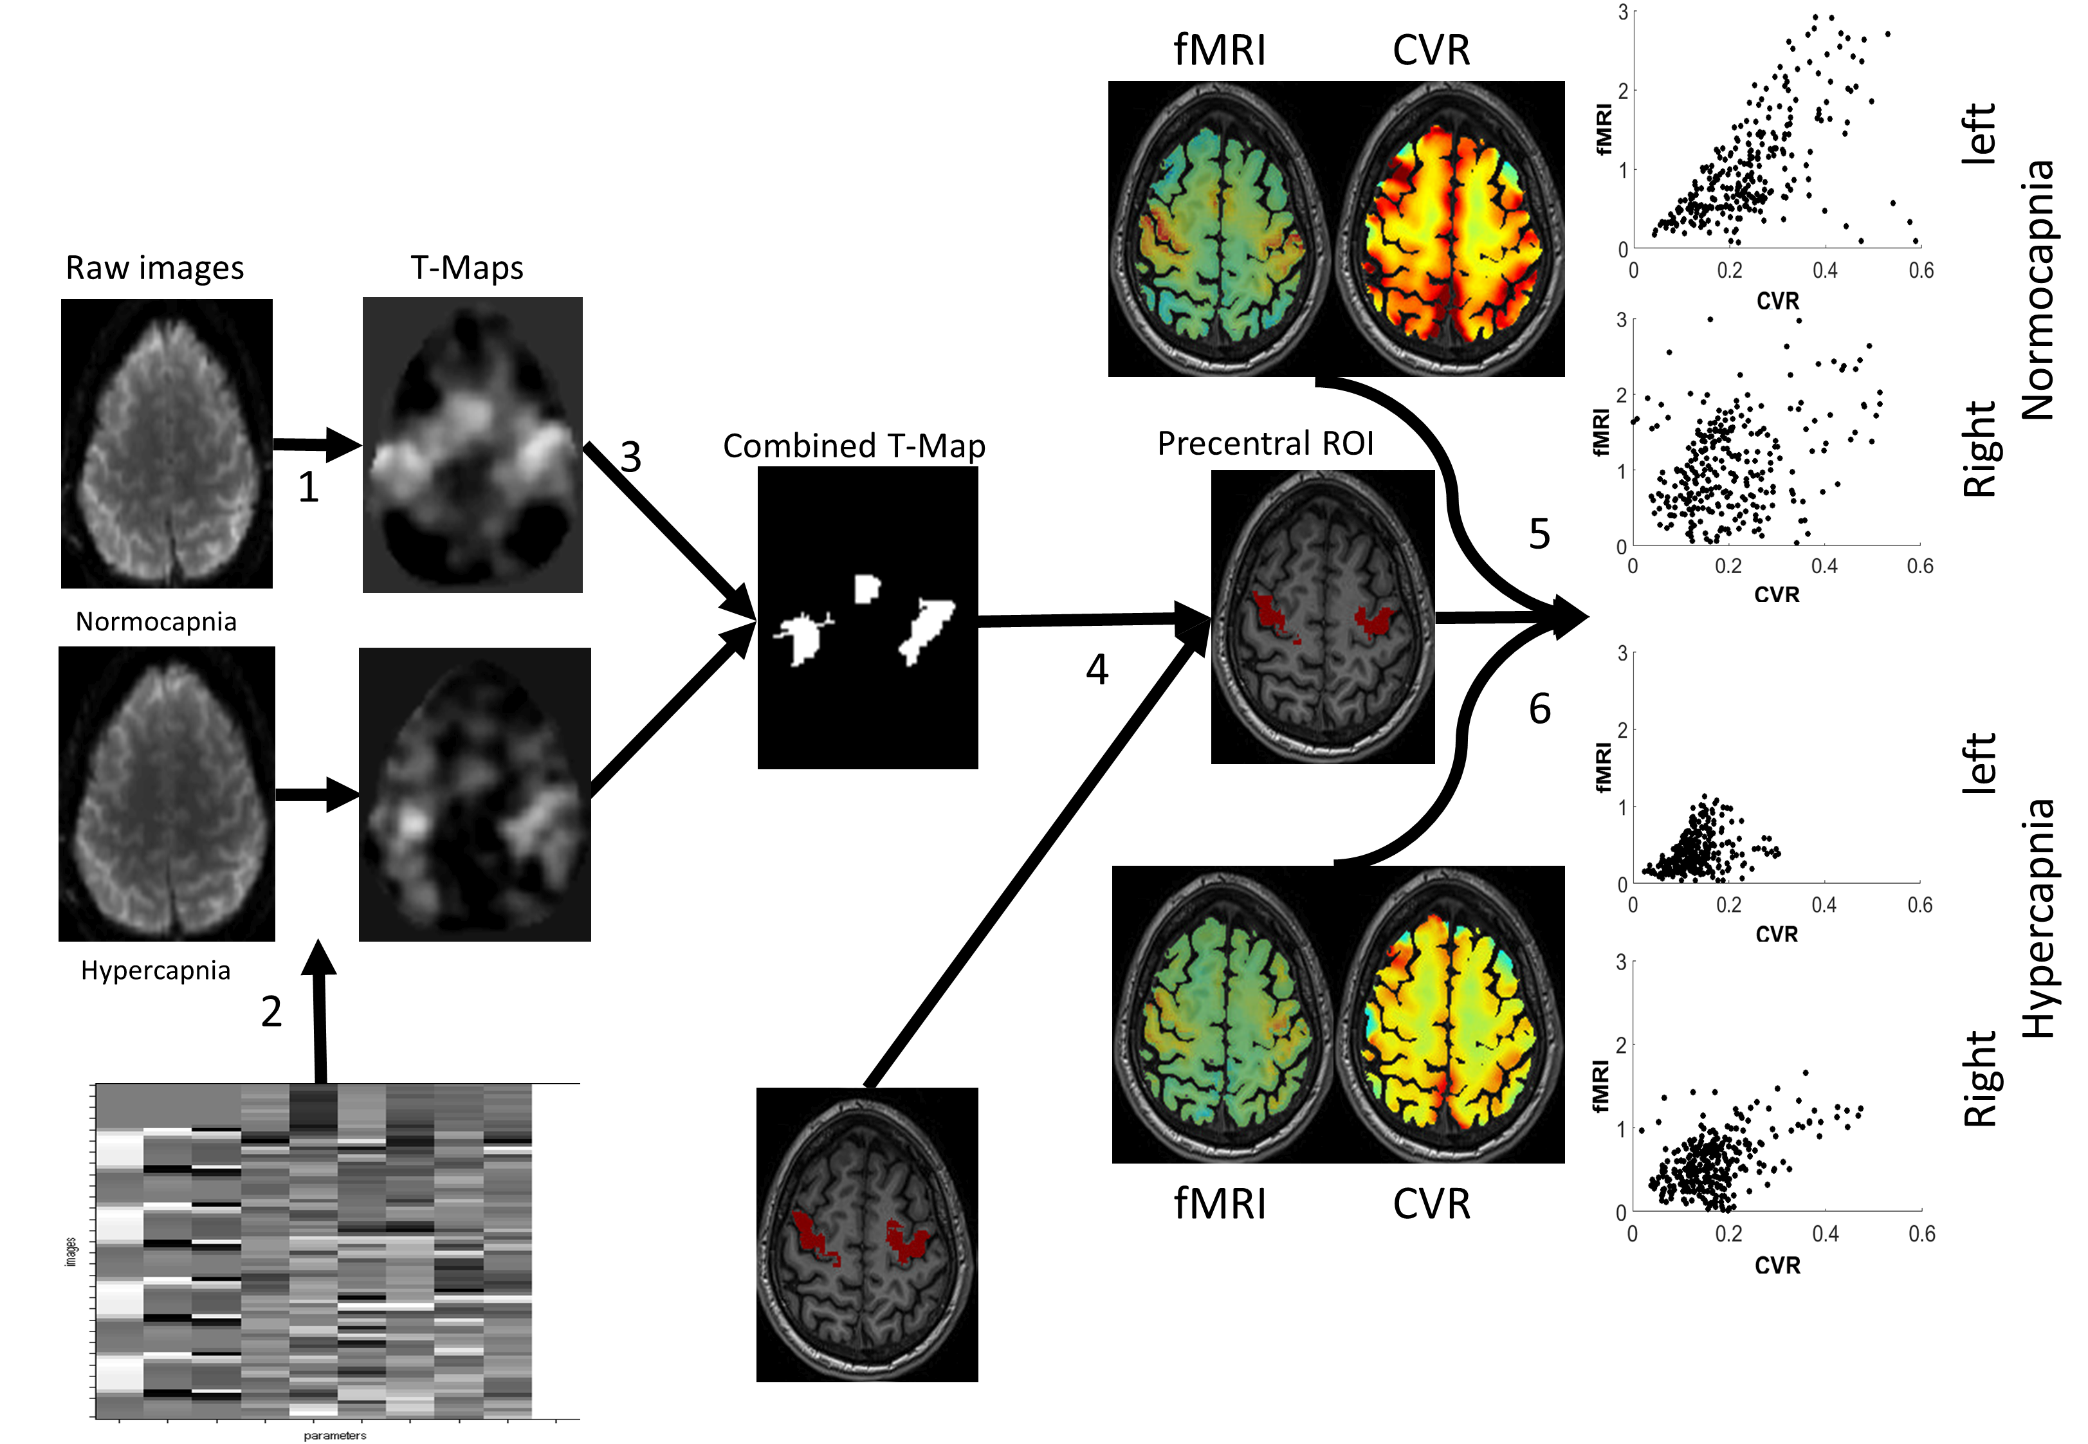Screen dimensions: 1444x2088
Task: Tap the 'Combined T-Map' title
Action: point(854,446)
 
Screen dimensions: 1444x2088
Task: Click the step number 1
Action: point(309,488)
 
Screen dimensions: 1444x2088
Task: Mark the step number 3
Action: point(630,457)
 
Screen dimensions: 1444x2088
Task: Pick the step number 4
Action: point(1097,670)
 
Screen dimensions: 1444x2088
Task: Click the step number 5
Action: point(1539,534)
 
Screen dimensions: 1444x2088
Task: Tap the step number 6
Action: point(1539,708)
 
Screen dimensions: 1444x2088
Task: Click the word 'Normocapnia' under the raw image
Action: point(156,621)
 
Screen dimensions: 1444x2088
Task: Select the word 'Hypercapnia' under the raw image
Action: point(156,971)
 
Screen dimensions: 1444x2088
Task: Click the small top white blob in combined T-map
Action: point(866,588)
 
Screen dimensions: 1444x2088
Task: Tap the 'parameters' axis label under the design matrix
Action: point(334,1435)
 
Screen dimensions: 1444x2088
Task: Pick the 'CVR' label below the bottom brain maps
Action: point(1431,1204)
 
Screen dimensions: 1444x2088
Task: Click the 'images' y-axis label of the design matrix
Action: point(71,1251)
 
